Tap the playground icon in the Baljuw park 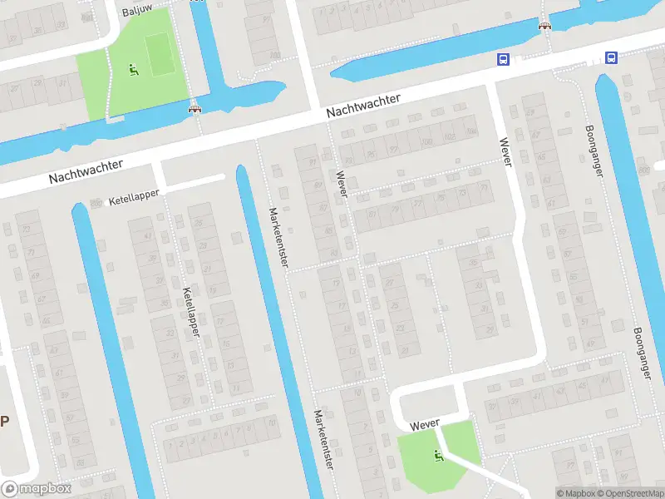click(132, 70)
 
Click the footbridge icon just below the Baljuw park click(195, 107)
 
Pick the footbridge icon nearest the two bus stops click(545, 27)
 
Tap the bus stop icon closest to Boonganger click(611, 57)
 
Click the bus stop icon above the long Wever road click(503, 58)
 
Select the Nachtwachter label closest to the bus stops click(363, 105)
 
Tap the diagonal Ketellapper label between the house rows click(191, 311)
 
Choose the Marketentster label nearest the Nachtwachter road click(278, 236)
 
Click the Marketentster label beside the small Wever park click(323, 438)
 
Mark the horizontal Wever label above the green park click(424, 424)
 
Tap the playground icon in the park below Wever click(438, 454)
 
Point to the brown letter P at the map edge click(4, 420)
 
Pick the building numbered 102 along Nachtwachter click(450, 136)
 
